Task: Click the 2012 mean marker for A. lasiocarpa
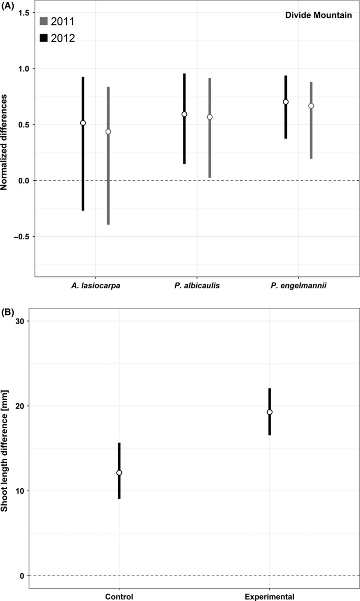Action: [83, 123]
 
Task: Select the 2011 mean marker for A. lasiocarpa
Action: [108, 132]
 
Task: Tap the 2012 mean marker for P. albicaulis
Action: [184, 114]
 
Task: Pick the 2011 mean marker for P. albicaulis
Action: [209, 117]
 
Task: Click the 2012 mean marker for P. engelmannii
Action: [285, 102]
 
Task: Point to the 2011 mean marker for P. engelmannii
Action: [311, 106]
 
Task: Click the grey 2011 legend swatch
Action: [43, 21]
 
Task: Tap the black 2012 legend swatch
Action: [43, 38]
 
